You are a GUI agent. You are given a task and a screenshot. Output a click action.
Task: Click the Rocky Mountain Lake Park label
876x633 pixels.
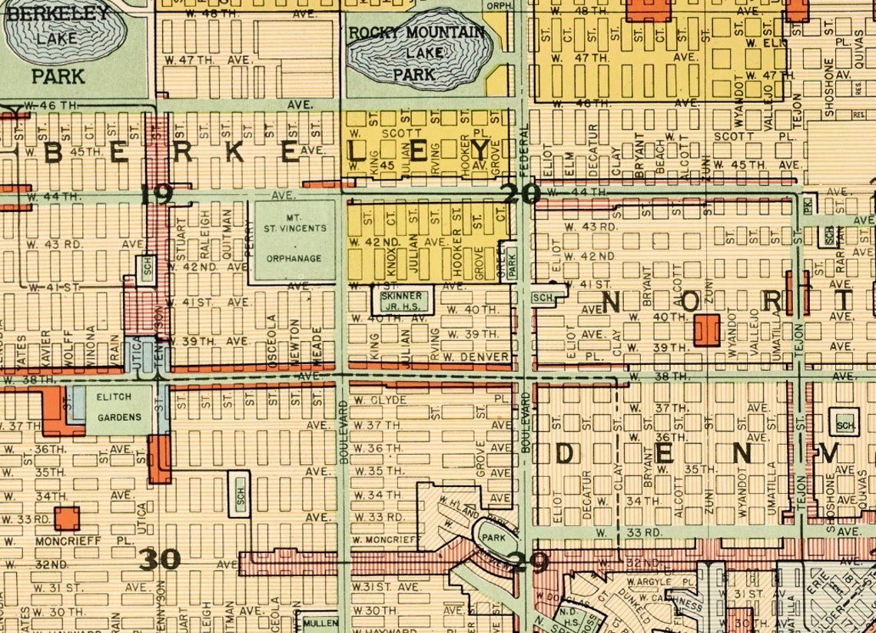click(416, 53)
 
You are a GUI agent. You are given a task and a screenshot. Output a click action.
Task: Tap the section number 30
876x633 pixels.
click(160, 559)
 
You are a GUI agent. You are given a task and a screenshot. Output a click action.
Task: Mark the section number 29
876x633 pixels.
click(529, 563)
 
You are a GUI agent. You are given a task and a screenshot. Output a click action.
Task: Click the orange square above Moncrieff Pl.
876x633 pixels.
click(67, 518)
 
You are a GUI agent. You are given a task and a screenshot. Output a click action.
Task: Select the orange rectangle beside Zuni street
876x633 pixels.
click(706, 329)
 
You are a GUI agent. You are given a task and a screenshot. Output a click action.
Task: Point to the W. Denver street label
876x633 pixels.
click(476, 356)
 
